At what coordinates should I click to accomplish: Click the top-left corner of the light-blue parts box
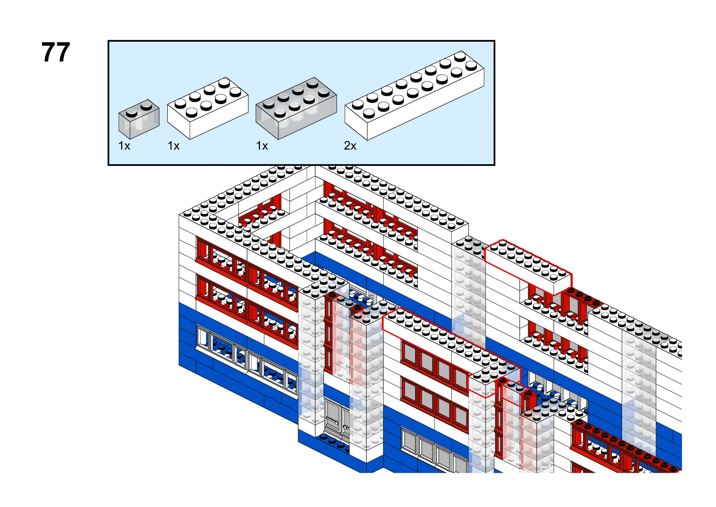[x=108, y=41]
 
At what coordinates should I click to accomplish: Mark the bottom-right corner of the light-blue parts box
[x=495, y=165]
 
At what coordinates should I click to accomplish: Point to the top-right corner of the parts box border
[x=495, y=41]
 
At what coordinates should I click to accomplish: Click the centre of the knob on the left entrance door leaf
[x=337, y=423]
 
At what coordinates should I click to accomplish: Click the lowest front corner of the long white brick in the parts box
[x=367, y=140]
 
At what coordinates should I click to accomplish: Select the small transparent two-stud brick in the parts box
[x=139, y=119]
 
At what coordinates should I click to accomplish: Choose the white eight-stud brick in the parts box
[x=208, y=108]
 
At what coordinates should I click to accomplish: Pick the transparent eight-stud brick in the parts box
[x=296, y=108]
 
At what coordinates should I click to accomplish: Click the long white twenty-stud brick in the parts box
[x=414, y=95]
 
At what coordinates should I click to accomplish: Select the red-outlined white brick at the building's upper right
[x=528, y=267]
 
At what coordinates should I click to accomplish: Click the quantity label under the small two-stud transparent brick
[x=124, y=146]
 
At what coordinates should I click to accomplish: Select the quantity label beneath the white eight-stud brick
[x=173, y=146]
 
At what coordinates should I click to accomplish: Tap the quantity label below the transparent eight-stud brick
[x=262, y=146]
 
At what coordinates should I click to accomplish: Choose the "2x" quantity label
[x=350, y=146]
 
